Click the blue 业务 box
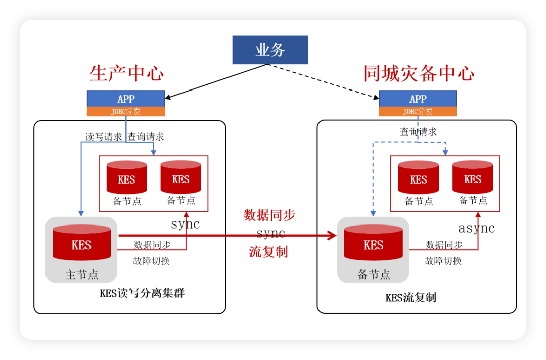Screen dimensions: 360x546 point(270,50)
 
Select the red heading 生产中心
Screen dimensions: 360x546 point(126,74)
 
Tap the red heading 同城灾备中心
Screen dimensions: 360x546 point(419,74)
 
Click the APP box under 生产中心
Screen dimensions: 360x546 point(126,99)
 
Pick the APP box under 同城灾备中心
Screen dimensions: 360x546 point(418,99)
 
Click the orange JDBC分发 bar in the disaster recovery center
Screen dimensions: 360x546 point(418,112)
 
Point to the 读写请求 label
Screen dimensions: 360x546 point(103,137)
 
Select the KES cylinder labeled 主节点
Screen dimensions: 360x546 point(81,243)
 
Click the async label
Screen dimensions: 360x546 point(476,228)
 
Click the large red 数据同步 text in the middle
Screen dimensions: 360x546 point(269,215)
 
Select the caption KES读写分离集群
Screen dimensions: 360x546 point(142,293)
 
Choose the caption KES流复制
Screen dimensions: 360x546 point(411,297)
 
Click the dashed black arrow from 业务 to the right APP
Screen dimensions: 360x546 point(324,80)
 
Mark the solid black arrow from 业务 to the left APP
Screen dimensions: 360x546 point(217,81)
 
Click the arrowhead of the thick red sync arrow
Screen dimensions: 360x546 point(332,235)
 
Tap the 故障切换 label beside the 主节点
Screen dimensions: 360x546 point(152,261)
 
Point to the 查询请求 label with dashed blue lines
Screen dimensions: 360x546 point(419,132)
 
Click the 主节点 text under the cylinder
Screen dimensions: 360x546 point(81,275)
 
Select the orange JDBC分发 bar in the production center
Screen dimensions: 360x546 point(126,112)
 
